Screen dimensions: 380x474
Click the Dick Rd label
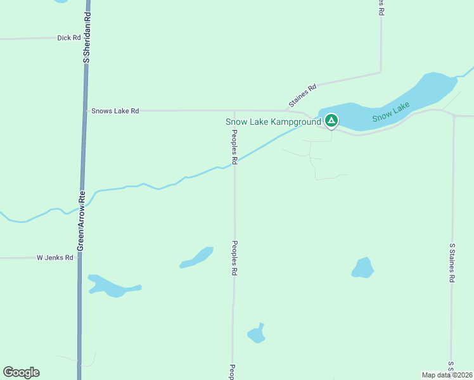(68, 38)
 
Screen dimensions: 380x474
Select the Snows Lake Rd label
(115, 111)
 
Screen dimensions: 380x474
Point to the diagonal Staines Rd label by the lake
(302, 96)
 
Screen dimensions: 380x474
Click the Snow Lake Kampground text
(274, 122)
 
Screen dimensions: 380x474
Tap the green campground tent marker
(331, 120)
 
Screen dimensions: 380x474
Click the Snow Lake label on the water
(391, 112)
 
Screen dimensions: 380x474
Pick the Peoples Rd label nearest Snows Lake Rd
(234, 147)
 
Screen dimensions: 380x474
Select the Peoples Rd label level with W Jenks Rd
(234, 258)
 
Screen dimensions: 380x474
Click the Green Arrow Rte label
(81, 220)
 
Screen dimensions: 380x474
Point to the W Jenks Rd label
(54, 258)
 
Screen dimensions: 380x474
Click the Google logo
(21, 372)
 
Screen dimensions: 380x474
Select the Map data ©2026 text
(447, 375)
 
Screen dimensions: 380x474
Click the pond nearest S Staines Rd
(362, 268)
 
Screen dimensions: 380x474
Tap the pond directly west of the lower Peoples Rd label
(197, 258)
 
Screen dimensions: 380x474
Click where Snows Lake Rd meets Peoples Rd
(234, 111)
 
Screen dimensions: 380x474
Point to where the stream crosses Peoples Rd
(234, 163)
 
